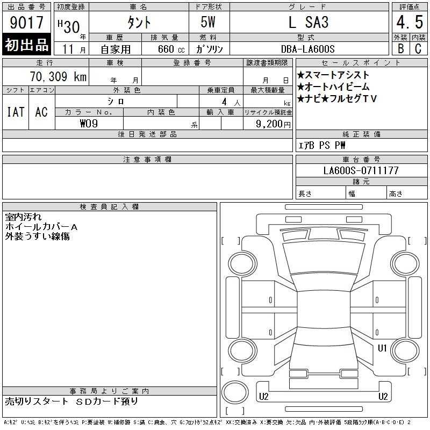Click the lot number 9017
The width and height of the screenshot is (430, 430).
click(x=26, y=23)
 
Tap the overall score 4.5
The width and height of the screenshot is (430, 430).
click(x=410, y=22)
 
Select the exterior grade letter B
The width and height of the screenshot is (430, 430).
click(x=400, y=48)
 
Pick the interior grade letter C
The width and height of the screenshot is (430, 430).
click(x=418, y=48)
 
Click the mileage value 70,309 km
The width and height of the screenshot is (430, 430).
click(x=58, y=76)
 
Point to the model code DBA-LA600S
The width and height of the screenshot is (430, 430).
click(x=307, y=49)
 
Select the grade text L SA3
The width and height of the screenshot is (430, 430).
click(x=309, y=22)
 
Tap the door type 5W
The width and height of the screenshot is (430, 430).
click(x=208, y=22)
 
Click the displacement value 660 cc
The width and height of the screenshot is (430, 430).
click(x=171, y=49)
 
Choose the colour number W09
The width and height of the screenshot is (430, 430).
click(x=89, y=124)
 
